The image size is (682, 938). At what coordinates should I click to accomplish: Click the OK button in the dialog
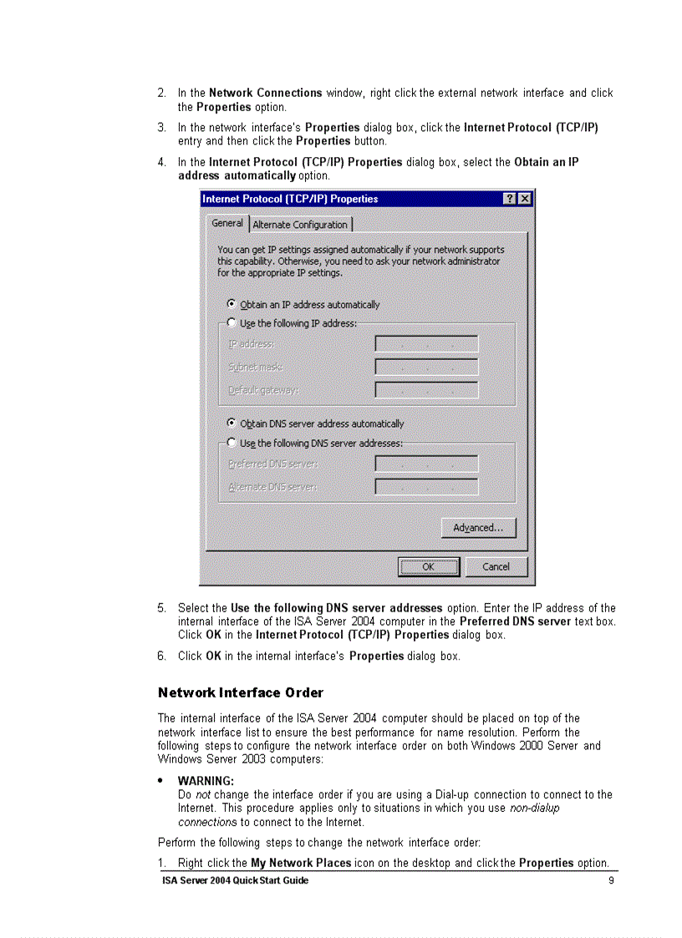429,567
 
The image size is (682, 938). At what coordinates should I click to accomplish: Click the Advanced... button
478,528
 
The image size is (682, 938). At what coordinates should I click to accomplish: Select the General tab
226,224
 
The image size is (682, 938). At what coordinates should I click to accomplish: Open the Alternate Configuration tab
300,225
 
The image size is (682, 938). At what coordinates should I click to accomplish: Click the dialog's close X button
525,199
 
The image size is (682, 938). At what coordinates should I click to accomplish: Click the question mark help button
510,199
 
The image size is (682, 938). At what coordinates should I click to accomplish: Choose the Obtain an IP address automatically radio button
232,305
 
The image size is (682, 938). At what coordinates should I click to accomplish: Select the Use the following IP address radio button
232,323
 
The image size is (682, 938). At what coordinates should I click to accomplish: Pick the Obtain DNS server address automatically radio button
232,423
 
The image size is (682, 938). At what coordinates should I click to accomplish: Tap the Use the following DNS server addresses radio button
232,443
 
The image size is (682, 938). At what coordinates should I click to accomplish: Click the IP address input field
426,344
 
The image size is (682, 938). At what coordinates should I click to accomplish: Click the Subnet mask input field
426,367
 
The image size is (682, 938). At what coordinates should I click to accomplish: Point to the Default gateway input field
426,390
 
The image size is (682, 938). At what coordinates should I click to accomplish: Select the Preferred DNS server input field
426,464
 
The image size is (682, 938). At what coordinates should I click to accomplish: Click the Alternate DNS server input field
426,486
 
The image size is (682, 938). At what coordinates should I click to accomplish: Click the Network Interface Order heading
240,693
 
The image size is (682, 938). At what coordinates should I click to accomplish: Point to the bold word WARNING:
206,781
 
